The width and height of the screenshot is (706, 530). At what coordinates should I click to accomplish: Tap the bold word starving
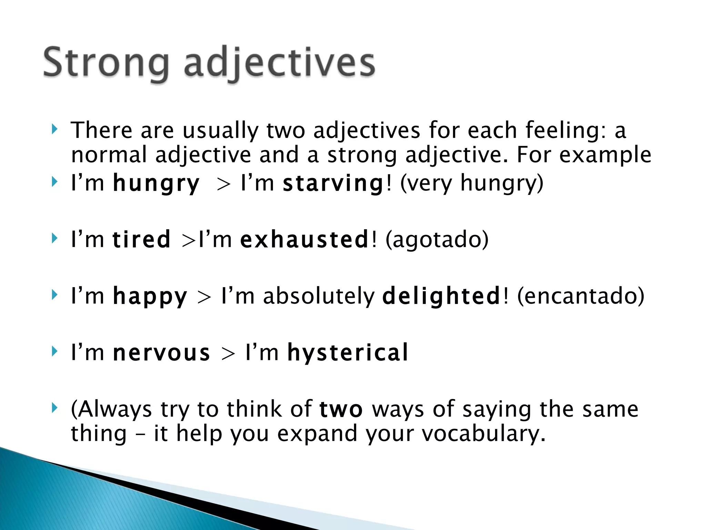tap(333, 183)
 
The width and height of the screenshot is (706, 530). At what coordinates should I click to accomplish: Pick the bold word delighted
tap(441, 296)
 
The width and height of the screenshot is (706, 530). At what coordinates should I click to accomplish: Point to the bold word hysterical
tap(348, 353)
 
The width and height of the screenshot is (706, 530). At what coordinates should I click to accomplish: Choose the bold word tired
tap(141, 239)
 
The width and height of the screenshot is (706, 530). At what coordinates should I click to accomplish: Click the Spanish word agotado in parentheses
tap(437, 239)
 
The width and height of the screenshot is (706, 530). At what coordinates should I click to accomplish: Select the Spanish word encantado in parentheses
tap(581, 296)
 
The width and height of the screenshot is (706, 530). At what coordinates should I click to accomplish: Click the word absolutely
tap(319, 296)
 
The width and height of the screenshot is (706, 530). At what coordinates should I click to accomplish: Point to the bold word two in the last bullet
tap(341, 410)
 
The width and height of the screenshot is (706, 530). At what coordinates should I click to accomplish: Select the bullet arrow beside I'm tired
tap(54, 238)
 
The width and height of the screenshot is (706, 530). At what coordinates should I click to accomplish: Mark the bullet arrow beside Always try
tap(54, 408)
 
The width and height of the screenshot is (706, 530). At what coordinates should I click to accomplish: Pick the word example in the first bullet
tap(605, 155)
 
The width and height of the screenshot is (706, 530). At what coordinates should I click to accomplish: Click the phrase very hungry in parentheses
tap(471, 183)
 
